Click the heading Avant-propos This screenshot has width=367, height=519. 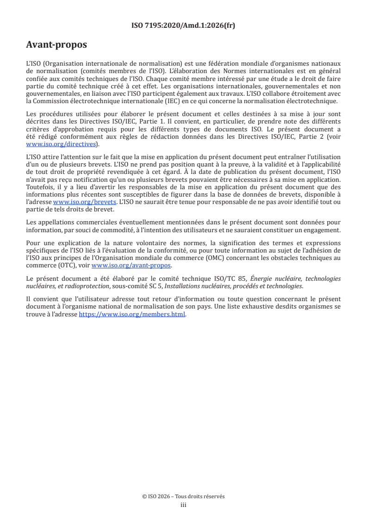56,45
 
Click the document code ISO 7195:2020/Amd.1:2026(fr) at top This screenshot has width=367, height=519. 183,26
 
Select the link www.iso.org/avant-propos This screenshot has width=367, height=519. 131,265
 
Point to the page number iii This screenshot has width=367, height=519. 183,505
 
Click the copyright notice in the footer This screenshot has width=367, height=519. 183,496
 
